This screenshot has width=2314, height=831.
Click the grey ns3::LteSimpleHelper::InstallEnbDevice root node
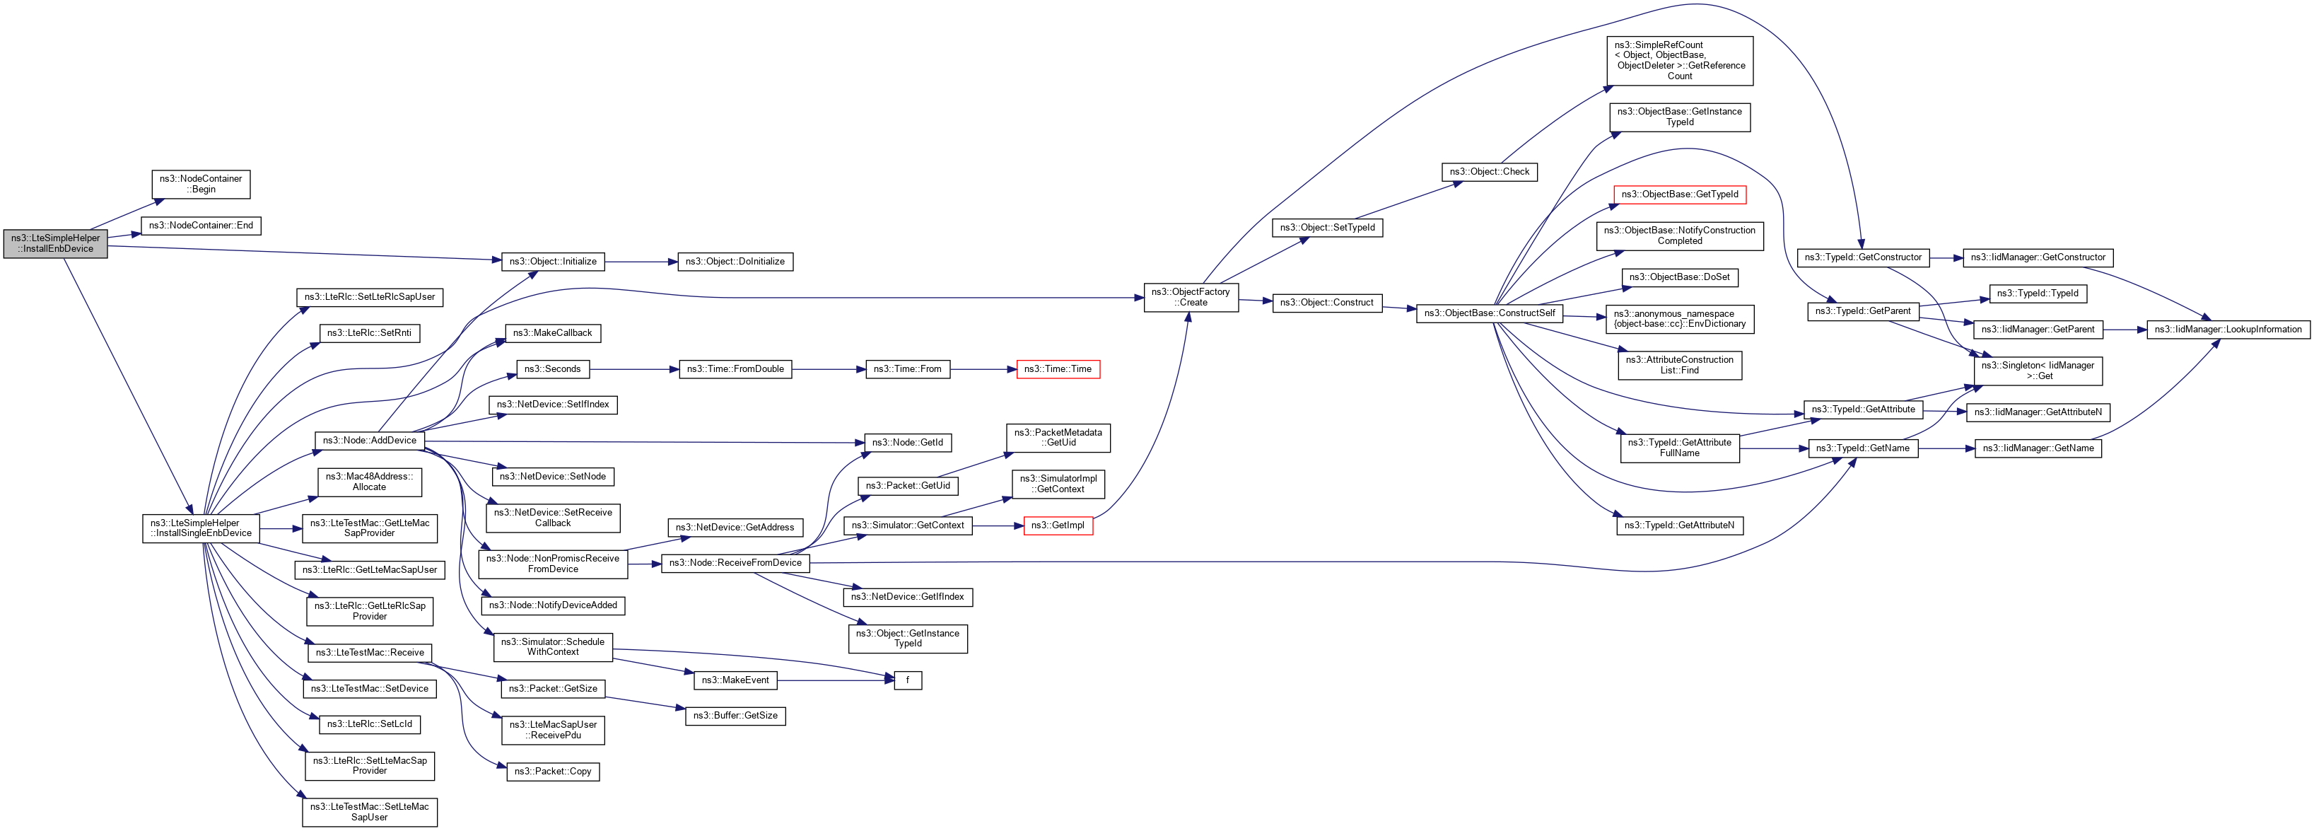[55, 243]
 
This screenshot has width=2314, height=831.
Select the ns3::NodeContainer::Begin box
[200, 184]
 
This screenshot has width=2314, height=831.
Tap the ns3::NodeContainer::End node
[200, 226]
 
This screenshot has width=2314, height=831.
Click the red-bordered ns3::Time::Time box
[1057, 369]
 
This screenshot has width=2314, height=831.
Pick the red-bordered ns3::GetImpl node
[1057, 525]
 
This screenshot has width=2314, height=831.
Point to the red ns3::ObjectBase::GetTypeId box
[1679, 194]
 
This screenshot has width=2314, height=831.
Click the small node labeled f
[907, 680]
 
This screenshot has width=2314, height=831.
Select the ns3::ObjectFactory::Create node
[1191, 297]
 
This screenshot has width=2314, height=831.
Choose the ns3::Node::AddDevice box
[369, 440]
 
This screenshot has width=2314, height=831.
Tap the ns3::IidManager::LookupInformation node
[2227, 330]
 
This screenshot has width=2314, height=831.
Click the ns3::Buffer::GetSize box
[735, 716]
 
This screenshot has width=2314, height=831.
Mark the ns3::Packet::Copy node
[552, 772]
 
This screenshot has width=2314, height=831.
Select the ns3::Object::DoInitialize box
[734, 262]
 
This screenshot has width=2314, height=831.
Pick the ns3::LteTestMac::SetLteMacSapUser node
[369, 812]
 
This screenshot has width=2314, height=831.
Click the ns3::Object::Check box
[1488, 172]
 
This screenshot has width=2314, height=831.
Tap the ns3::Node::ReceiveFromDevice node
[735, 562]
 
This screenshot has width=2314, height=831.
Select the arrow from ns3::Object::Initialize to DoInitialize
[641, 262]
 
